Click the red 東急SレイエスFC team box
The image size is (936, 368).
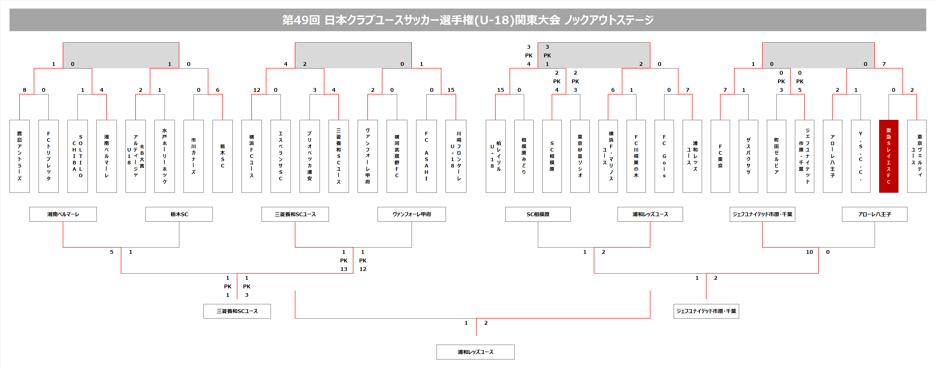click(x=888, y=156)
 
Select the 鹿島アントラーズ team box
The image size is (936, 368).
click(x=19, y=156)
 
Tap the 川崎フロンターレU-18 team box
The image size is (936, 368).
click(x=456, y=156)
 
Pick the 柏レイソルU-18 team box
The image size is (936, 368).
click(x=495, y=156)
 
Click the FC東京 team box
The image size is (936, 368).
click(x=720, y=156)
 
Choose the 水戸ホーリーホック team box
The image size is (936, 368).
click(x=165, y=156)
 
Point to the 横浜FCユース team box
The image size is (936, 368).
click(x=251, y=156)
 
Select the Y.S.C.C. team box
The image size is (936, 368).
click(x=860, y=156)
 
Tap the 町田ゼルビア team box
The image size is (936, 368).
click(x=776, y=156)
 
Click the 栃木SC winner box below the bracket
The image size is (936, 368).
click(x=179, y=214)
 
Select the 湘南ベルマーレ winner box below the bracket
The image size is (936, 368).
click(x=63, y=214)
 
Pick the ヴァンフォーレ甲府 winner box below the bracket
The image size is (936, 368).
click(x=412, y=214)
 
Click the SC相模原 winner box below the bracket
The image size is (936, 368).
click(x=538, y=214)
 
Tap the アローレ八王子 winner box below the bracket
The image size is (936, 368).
click(x=875, y=214)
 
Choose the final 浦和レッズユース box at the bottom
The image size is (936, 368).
click(x=475, y=352)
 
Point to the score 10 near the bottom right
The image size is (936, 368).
click(x=809, y=252)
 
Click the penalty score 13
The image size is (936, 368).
click(x=344, y=269)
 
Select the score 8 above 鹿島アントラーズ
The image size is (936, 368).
click(x=24, y=90)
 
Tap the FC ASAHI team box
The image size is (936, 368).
click(x=426, y=156)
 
